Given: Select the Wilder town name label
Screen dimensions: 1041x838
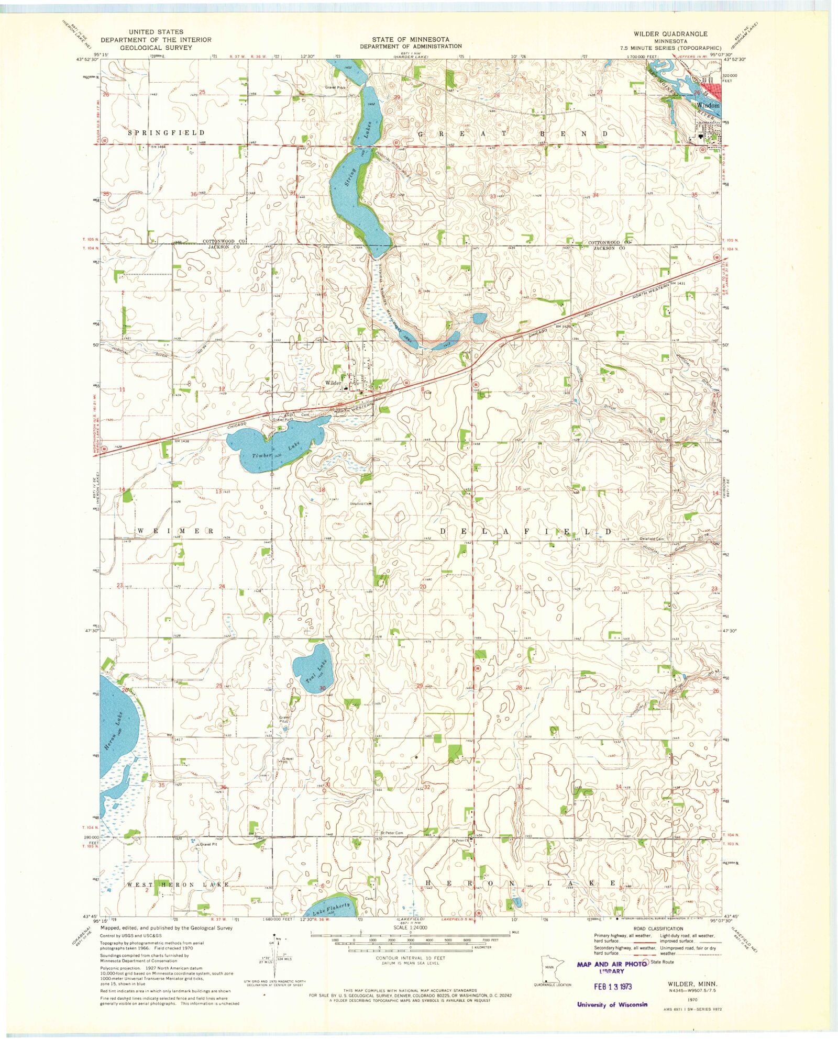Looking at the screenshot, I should click(333, 383).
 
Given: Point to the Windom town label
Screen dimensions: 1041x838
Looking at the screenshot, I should click(708, 105).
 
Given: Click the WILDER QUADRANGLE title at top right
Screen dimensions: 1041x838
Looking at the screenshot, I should click(670, 33).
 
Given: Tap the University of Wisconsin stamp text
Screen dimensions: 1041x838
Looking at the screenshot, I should click(612, 1004).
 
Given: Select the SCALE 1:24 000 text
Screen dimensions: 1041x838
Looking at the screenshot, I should click(411, 927).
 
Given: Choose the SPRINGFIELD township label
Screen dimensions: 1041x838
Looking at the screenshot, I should click(166, 133).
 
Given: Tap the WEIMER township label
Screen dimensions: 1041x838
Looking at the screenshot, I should click(175, 531).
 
